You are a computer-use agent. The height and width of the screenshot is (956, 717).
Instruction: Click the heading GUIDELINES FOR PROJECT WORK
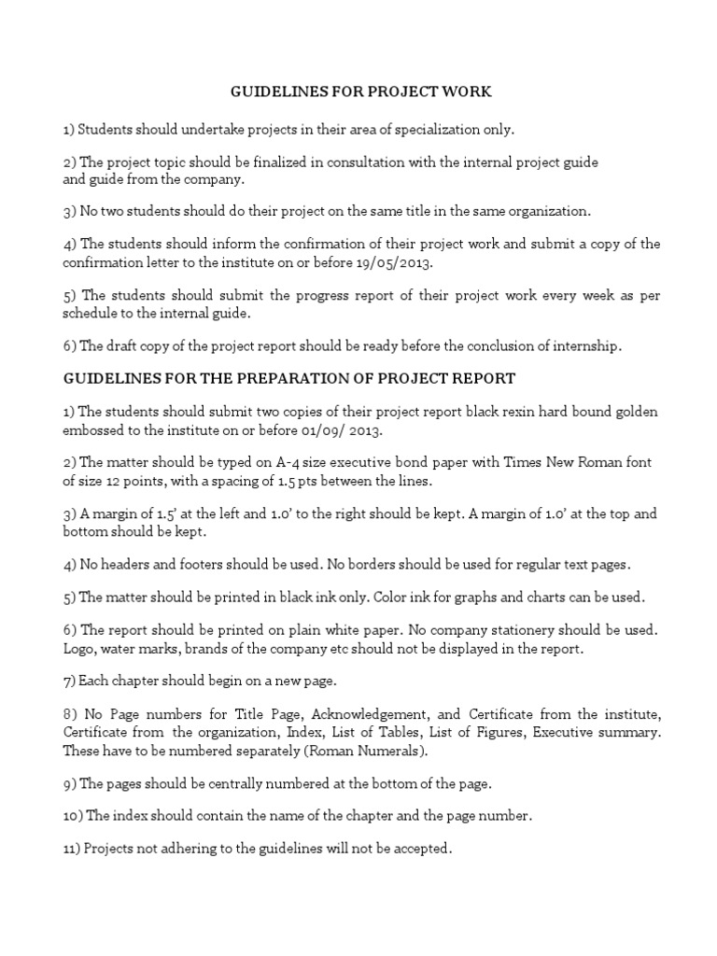point(360,92)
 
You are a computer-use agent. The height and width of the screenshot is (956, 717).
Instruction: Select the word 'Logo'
point(77,650)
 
